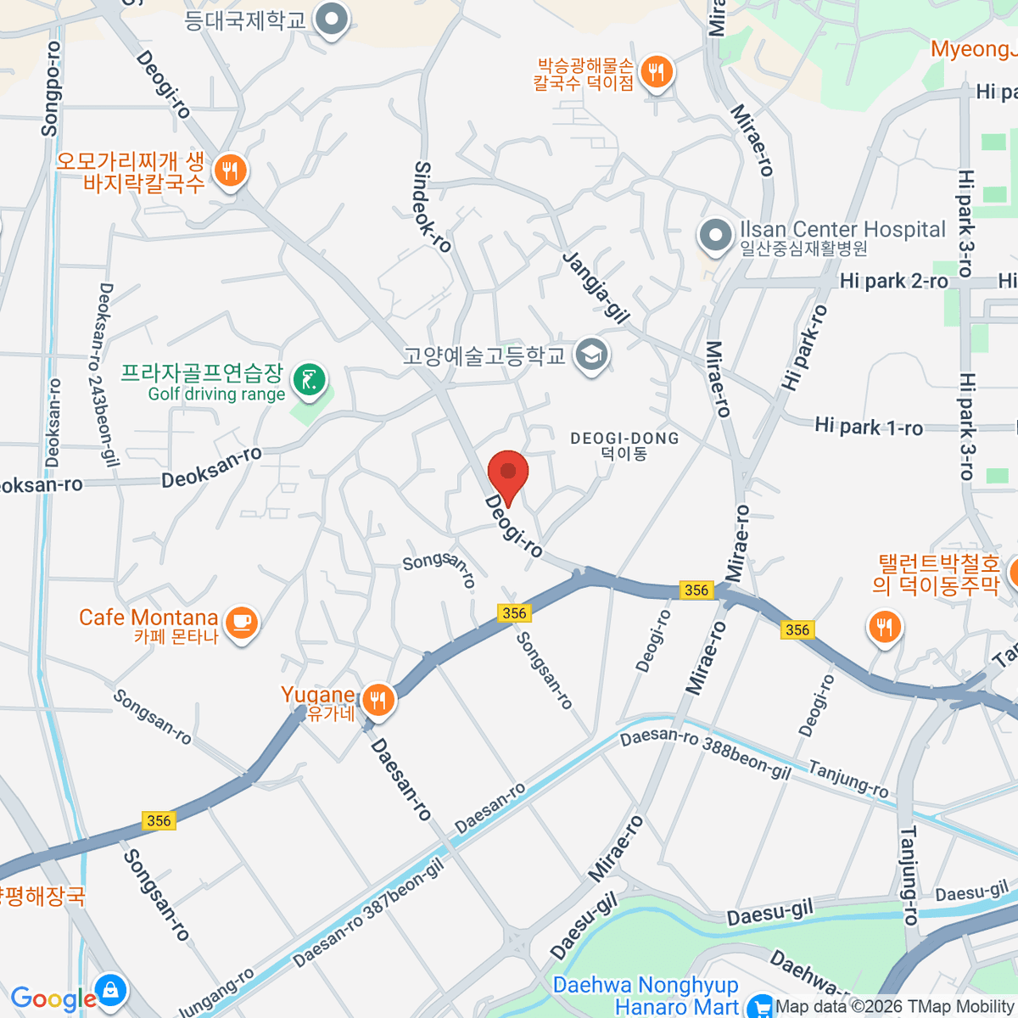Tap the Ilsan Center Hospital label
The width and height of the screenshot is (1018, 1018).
click(x=842, y=230)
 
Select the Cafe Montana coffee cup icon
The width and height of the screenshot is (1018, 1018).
click(x=242, y=623)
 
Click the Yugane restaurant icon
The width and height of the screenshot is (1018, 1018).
click(x=377, y=701)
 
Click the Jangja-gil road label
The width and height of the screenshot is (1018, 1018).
click(x=596, y=287)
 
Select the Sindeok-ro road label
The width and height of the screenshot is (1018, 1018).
click(x=433, y=207)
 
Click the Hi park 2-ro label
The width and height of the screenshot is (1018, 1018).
click(x=893, y=281)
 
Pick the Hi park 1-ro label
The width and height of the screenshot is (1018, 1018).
click(x=869, y=426)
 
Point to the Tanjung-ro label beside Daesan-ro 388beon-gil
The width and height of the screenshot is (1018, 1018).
click(x=848, y=780)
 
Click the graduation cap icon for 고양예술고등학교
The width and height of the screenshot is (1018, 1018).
click(x=590, y=355)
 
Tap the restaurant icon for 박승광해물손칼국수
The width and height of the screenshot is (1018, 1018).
click(x=656, y=72)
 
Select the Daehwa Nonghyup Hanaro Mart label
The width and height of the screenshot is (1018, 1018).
click(x=646, y=996)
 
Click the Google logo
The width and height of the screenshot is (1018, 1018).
click(x=53, y=999)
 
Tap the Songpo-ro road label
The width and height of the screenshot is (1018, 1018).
click(x=51, y=89)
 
